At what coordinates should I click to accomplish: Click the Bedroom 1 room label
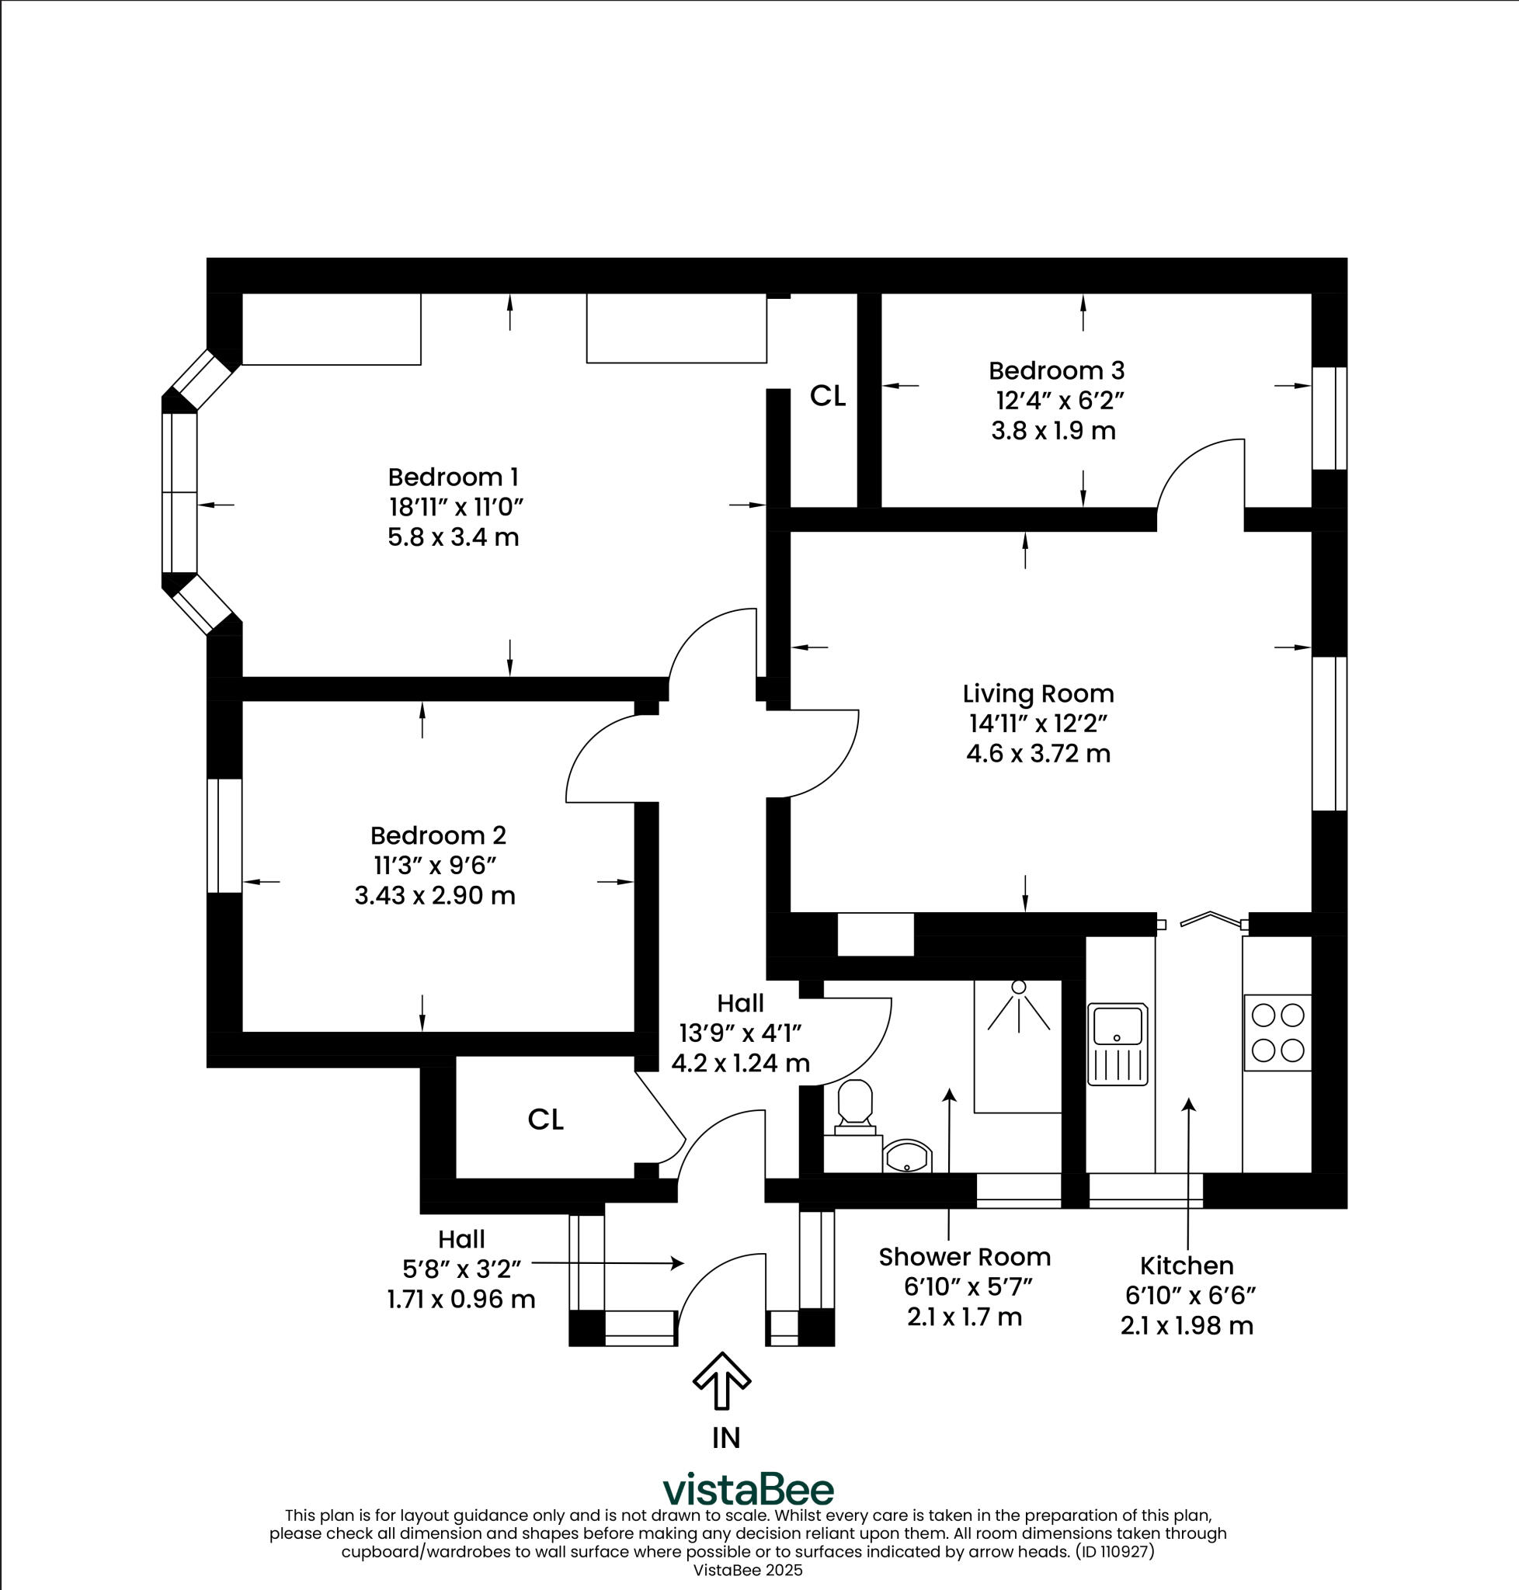pyautogui.click(x=453, y=477)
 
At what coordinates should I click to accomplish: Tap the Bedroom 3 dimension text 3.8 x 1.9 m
pyautogui.click(x=1052, y=431)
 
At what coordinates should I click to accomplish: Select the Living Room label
pyautogui.click(x=1038, y=694)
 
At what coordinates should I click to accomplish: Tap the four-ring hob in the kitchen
pyautogui.click(x=1277, y=1033)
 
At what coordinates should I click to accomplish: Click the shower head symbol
pyautogui.click(x=1019, y=987)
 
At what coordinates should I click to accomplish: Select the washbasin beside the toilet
pyautogui.click(x=907, y=1157)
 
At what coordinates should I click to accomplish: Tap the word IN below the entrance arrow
pyautogui.click(x=725, y=1438)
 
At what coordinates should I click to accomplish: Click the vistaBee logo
pyautogui.click(x=748, y=1490)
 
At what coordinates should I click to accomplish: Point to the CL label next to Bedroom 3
pyautogui.click(x=828, y=396)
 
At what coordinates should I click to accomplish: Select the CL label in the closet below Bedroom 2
pyautogui.click(x=545, y=1120)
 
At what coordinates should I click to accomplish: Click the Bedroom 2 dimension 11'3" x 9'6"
pyautogui.click(x=435, y=866)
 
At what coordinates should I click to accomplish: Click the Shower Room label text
pyautogui.click(x=965, y=1256)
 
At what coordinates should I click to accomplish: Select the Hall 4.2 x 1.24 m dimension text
pyautogui.click(x=740, y=1063)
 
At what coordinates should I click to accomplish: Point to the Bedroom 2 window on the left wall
pyautogui.click(x=224, y=835)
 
